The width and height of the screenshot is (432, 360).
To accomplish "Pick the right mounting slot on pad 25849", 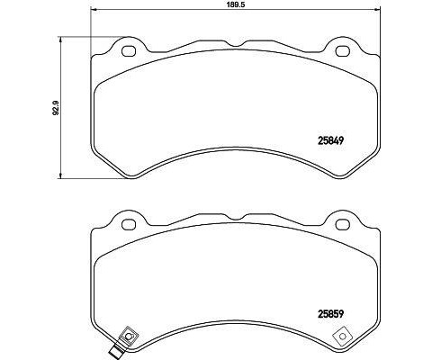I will (x=342, y=50).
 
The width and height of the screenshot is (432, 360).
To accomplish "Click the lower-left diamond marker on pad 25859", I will (x=127, y=337).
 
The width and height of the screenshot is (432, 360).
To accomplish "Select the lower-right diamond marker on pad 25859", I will (x=342, y=337).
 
